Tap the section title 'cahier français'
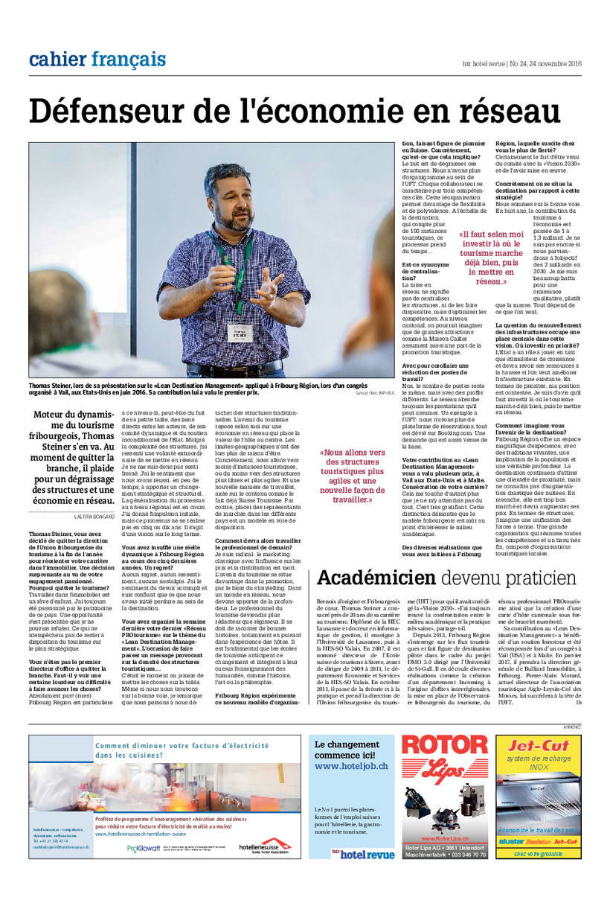tap(97, 59)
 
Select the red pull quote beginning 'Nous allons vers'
tap(353, 476)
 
